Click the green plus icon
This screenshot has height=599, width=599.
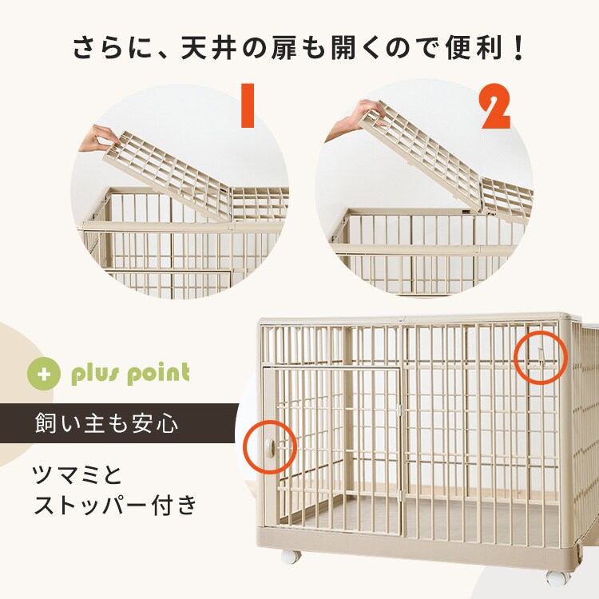[45, 374]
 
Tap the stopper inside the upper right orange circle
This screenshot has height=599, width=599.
[541, 354]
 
